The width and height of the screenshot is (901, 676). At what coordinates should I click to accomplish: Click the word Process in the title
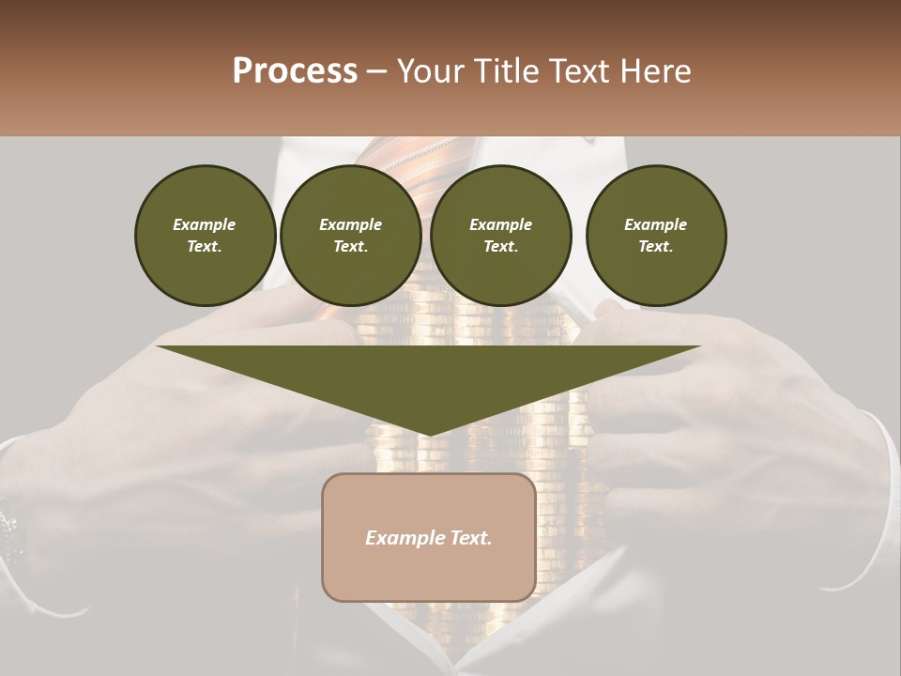(295, 71)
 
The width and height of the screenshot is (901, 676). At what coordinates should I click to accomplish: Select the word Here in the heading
(652, 71)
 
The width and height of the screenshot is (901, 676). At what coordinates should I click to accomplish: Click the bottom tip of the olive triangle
(429, 434)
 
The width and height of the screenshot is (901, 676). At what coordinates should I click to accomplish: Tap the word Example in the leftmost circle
(205, 224)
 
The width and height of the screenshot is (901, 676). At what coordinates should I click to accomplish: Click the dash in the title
(377, 71)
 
